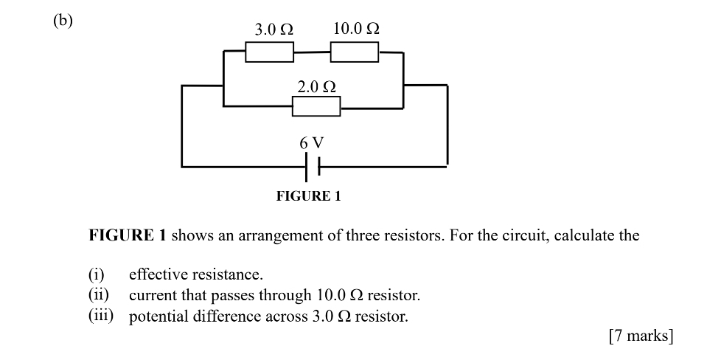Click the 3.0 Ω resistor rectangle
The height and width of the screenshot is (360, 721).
pyautogui.click(x=269, y=52)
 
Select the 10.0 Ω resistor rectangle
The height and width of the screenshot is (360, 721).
pyautogui.click(x=355, y=52)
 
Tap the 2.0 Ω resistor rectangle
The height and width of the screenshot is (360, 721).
pyautogui.click(x=316, y=107)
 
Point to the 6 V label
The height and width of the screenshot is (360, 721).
pyautogui.click(x=312, y=142)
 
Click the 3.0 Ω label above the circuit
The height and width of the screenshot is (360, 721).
pyautogui.click(x=274, y=30)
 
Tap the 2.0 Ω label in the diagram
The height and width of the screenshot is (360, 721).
pyautogui.click(x=317, y=86)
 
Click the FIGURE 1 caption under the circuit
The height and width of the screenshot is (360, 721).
pyautogui.click(x=308, y=196)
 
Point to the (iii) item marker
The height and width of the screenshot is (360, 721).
pyautogui.click(x=101, y=316)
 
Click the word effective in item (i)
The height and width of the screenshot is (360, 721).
pyautogui.click(x=159, y=275)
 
